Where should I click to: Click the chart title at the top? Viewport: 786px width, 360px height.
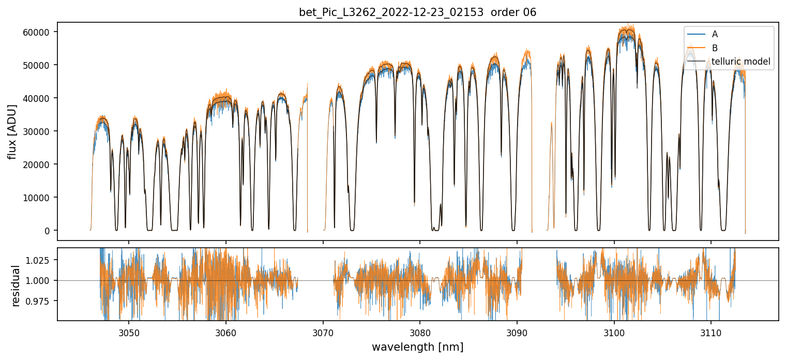coord(418,12)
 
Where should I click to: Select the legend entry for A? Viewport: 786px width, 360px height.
coord(715,34)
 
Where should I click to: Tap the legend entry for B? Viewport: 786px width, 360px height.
coord(715,48)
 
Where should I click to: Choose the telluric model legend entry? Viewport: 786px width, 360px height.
coord(741,62)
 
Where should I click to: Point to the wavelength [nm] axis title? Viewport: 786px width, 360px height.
coord(418,347)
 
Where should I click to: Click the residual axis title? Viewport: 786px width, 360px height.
coord(16,285)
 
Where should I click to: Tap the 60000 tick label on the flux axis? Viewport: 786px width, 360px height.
coord(39,32)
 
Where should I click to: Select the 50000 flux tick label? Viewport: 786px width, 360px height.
coord(39,65)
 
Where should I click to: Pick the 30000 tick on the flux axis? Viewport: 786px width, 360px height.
coord(39,131)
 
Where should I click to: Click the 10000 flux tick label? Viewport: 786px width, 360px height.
coord(39,198)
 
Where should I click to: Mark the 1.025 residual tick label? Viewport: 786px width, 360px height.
coord(41,260)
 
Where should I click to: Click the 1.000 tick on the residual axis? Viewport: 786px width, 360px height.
coord(41,280)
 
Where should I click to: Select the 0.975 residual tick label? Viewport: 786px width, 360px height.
coord(41,301)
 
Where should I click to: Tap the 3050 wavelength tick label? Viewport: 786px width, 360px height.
coord(129,332)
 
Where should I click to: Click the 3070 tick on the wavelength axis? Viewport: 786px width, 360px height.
coord(323,332)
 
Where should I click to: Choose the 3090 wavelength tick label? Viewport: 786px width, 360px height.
coord(517,332)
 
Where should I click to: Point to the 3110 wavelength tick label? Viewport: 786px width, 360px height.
coord(711,332)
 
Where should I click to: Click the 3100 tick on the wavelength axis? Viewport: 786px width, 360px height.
coord(614,332)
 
